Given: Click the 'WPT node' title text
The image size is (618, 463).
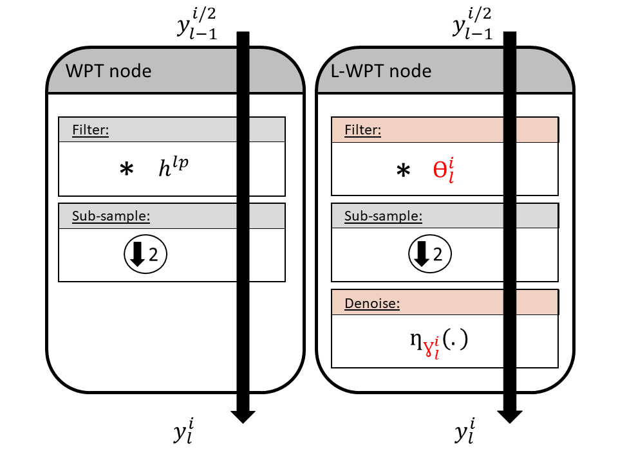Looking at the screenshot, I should pos(109,70).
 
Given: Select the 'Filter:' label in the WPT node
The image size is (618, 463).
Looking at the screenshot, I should pos(90,131).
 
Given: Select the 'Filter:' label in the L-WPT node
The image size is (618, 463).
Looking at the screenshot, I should pos(362,131).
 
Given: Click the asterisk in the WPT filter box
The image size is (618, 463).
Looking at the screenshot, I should pos(126,170).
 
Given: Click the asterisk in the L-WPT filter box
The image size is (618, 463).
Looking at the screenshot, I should pos(402,172).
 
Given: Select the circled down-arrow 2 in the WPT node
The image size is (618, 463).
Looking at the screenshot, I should pos(145,255).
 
